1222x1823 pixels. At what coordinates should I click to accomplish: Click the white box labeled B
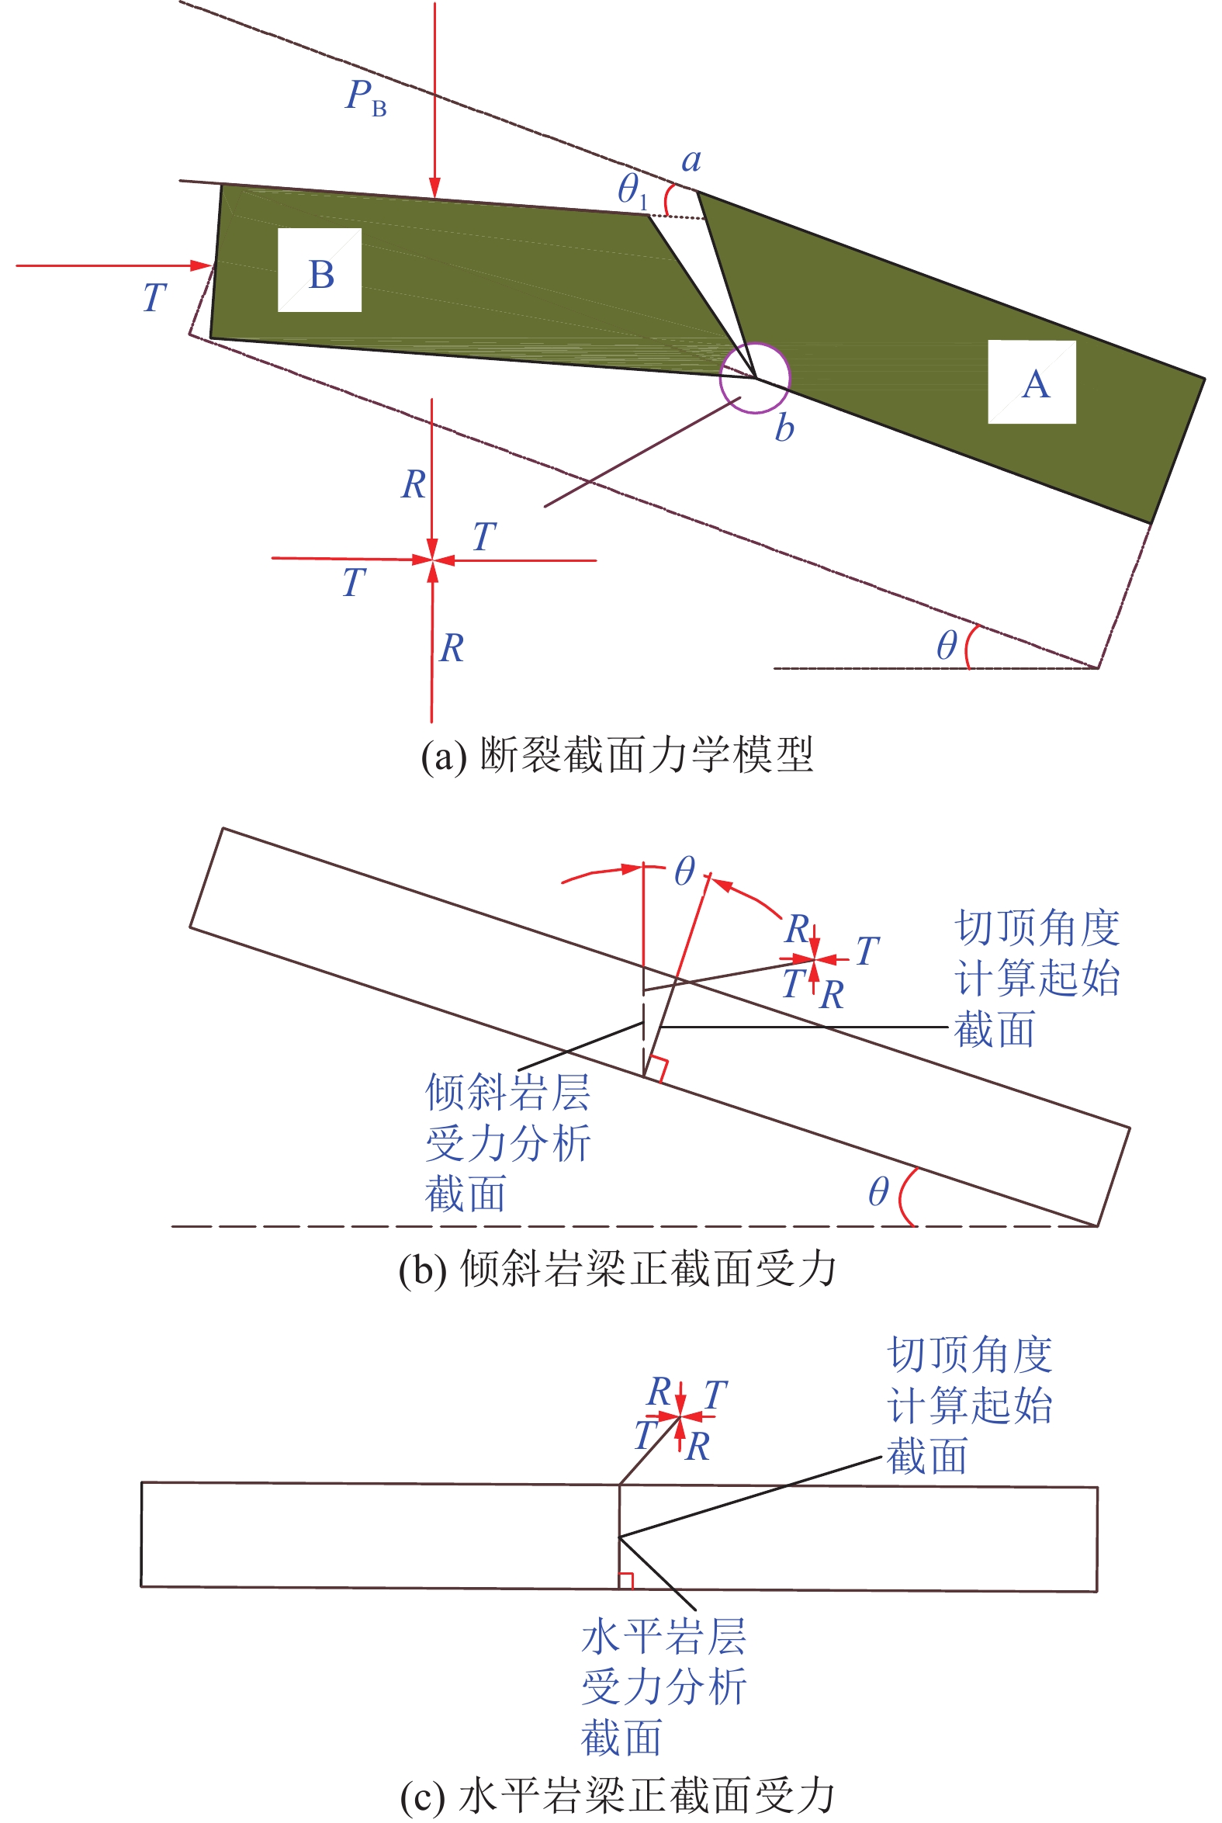320,270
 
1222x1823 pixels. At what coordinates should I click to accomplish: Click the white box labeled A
1032,382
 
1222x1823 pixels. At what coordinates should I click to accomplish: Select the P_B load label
365,98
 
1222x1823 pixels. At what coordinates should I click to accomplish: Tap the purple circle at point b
754,378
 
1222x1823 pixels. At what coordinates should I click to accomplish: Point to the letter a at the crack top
691,161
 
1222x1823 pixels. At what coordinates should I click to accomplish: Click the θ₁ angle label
632,191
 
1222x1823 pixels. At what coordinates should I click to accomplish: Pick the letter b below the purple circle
784,428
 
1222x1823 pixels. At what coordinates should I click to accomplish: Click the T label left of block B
154,298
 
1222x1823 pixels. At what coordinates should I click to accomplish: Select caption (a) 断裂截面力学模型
617,754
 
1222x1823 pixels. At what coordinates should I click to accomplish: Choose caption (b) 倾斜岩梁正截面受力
617,1269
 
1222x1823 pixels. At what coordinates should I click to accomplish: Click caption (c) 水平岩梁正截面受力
617,1796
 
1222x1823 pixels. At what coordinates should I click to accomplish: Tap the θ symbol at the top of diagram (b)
684,871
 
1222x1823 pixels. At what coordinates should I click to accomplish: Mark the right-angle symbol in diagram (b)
659,1069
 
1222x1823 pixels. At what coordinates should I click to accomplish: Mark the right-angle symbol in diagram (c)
626,1580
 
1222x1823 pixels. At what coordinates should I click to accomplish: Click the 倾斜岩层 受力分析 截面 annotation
507,1142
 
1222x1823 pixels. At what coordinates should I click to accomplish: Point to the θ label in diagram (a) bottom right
946,646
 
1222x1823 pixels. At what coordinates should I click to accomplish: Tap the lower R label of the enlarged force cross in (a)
452,649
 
